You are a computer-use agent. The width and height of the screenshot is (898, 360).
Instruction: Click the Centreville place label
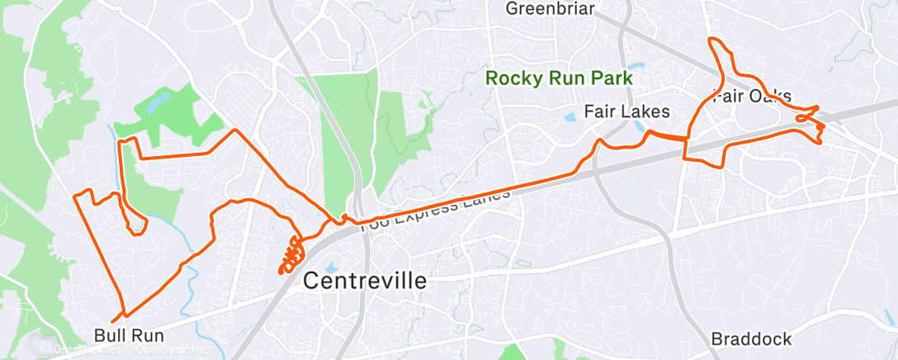pyautogui.click(x=366, y=280)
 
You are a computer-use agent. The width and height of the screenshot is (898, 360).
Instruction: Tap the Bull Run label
pyautogui.click(x=130, y=336)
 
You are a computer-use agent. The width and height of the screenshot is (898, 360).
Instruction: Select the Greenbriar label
pyautogui.click(x=550, y=9)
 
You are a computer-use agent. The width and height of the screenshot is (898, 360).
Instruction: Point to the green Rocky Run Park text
pyautogui.click(x=559, y=78)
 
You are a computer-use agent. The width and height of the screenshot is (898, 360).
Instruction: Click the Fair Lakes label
pyautogui.click(x=626, y=111)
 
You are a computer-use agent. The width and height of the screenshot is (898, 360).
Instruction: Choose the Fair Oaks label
pyautogui.click(x=753, y=96)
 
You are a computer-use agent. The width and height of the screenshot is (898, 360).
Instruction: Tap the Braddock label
pyautogui.click(x=751, y=339)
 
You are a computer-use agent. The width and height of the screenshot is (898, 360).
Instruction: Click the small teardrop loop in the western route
pyautogui.click(x=135, y=224)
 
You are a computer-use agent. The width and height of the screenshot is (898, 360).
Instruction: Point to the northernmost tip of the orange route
pyautogui.click(x=711, y=39)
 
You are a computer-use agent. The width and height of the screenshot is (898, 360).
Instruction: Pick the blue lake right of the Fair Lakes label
pyautogui.click(x=640, y=127)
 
